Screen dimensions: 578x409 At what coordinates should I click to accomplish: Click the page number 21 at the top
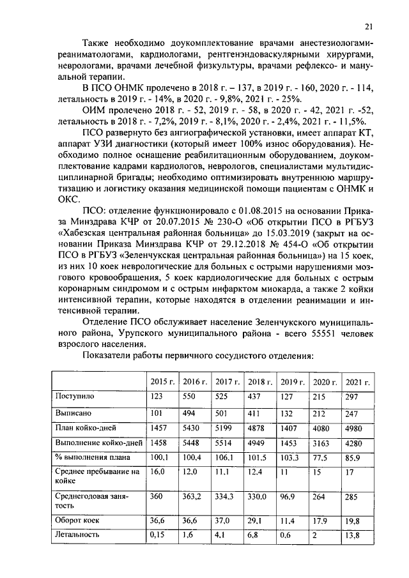[369, 26]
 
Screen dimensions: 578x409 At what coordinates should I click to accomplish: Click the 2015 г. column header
[162, 382]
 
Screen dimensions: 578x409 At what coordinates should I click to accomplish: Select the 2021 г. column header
[358, 382]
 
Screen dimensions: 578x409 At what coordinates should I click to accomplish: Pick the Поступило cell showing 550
[190, 397]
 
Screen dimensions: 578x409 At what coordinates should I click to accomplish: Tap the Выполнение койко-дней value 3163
[322, 442]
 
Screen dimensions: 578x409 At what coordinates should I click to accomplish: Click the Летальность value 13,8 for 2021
[353, 535]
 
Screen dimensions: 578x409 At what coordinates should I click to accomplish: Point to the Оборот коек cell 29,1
[256, 521]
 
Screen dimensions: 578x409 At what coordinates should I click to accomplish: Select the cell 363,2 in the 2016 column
[193, 496]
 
